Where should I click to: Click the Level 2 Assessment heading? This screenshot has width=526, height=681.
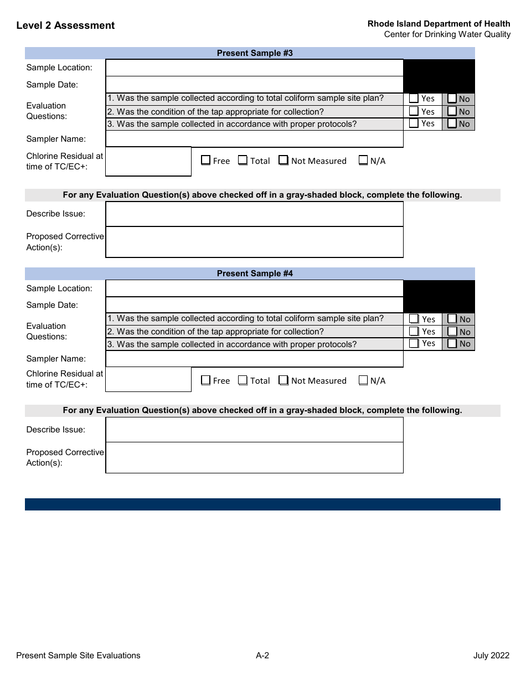[x=65, y=25]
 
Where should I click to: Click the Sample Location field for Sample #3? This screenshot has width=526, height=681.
[x=254, y=68]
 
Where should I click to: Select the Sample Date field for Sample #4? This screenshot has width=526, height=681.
[x=254, y=305]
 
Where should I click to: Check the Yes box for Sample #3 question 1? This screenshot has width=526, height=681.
[x=414, y=99]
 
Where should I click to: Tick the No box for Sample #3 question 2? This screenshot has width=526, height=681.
[x=452, y=111]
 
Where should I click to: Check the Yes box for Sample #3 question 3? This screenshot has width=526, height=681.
[x=414, y=123]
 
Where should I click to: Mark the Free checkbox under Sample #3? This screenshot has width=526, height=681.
[x=206, y=161]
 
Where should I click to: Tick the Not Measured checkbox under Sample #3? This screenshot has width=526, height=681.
[x=283, y=161]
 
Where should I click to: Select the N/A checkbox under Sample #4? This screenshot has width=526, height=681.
[x=363, y=380]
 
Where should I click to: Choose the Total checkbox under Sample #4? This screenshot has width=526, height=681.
[x=243, y=380]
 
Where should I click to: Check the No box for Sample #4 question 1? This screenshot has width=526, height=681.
[x=452, y=319]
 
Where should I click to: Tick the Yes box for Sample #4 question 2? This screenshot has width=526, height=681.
[x=414, y=332]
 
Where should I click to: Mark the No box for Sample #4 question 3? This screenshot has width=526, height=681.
[x=452, y=344]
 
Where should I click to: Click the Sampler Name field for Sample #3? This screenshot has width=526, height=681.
[x=254, y=139]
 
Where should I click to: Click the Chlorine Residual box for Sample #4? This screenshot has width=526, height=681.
[x=148, y=379]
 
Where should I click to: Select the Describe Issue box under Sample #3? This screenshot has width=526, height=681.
[x=254, y=214]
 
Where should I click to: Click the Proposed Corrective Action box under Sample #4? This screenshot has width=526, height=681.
[x=254, y=457]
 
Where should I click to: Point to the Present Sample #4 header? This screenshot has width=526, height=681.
[x=255, y=274]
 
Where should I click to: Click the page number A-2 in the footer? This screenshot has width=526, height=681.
[x=262, y=656]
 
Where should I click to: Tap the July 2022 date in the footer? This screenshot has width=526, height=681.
[x=491, y=656]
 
